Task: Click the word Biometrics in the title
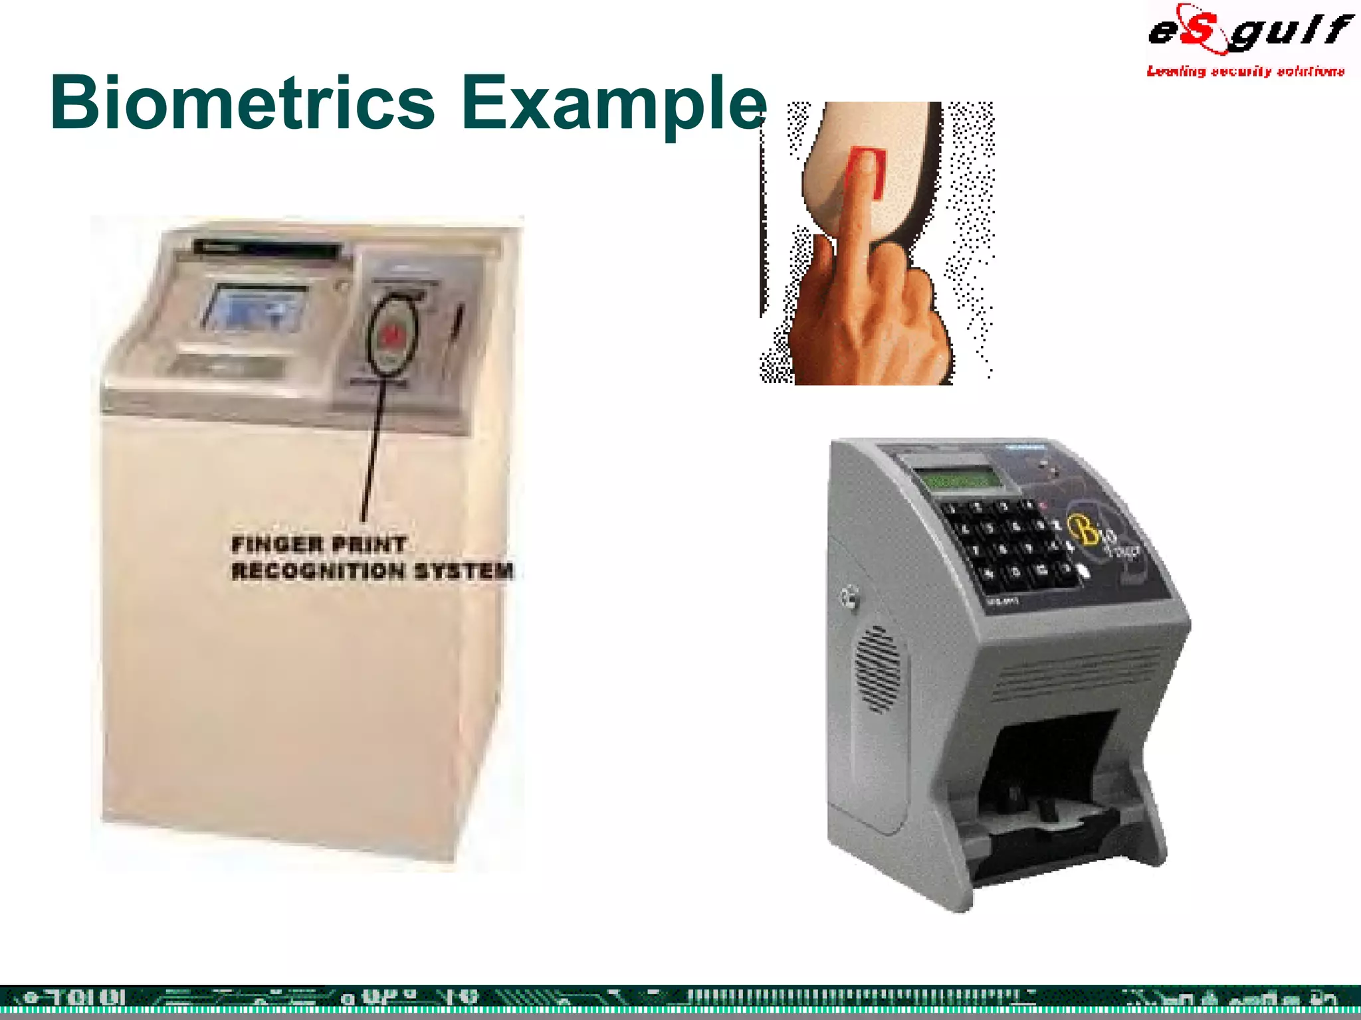243,103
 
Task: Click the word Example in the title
615,106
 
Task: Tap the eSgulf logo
1249,30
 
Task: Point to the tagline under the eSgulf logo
1245,71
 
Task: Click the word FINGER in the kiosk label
277,545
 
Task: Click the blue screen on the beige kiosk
256,307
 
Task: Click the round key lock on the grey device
848,596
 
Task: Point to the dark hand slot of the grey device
1050,784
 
